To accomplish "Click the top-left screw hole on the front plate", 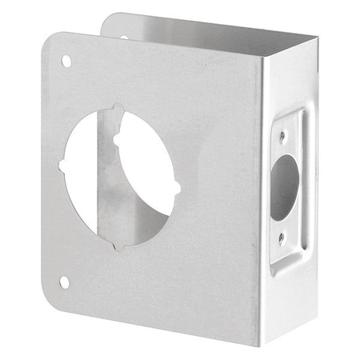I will tap(66, 61).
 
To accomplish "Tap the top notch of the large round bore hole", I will tap(118, 109).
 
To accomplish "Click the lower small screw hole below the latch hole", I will tap(280, 238).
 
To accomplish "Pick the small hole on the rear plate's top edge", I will tap(123, 37).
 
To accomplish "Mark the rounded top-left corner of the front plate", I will tap(50, 40).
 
